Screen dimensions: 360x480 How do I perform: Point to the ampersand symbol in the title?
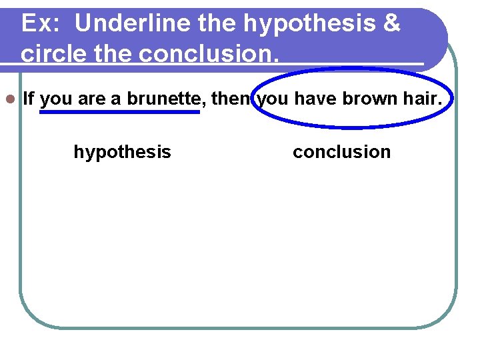393,24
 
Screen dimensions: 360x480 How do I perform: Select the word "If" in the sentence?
28,99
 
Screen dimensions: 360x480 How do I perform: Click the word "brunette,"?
167,99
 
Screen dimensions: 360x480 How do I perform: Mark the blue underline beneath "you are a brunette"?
120,112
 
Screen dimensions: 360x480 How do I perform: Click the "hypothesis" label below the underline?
122,152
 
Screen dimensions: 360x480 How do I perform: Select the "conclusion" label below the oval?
341,152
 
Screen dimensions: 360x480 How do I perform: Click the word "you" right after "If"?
56,99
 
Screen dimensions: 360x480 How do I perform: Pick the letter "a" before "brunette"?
116,99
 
